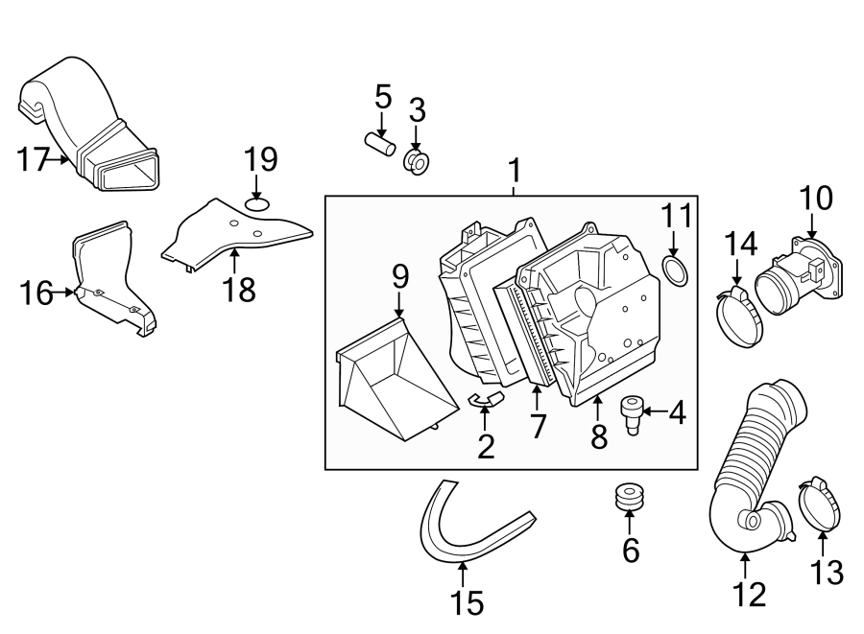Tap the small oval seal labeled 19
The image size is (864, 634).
[x=256, y=203]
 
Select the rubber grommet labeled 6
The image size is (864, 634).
[x=629, y=498]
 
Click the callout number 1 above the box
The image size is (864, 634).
[x=514, y=172]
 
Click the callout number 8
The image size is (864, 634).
[x=599, y=436]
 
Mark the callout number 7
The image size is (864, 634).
[x=538, y=426]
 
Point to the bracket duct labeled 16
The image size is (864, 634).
[x=110, y=283]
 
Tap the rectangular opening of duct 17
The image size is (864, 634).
[x=130, y=176]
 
